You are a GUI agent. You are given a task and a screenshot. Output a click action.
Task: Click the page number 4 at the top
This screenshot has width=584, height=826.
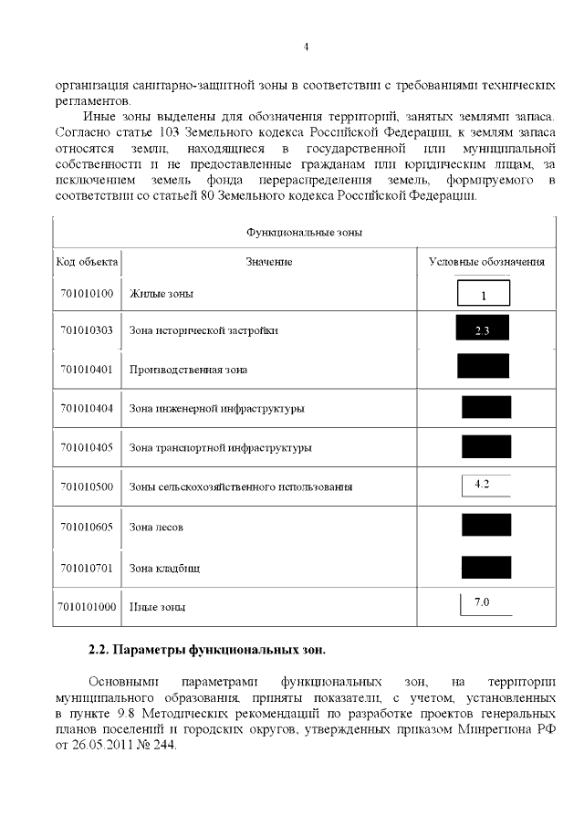(306, 47)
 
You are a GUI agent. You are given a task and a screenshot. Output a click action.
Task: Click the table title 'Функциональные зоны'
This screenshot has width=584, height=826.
(304, 232)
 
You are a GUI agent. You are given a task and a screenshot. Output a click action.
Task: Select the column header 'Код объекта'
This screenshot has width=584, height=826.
(87, 262)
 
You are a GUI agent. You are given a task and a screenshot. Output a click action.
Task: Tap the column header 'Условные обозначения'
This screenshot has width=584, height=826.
(486, 262)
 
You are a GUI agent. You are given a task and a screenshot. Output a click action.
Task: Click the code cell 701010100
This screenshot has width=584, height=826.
(87, 294)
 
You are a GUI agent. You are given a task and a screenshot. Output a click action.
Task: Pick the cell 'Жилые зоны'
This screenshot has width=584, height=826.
(162, 294)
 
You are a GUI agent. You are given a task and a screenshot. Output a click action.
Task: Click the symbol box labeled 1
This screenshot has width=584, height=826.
(483, 294)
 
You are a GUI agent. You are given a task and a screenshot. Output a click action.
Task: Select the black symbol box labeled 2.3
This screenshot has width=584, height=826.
(482, 329)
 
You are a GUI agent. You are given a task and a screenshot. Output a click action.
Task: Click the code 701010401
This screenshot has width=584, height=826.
(87, 370)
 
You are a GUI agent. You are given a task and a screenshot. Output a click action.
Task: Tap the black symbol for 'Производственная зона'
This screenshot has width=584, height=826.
(483, 366)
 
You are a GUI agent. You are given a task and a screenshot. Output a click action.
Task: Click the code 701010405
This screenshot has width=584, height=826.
(87, 447)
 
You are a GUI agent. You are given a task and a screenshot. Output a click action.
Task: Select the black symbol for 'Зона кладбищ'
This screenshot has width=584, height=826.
(485, 566)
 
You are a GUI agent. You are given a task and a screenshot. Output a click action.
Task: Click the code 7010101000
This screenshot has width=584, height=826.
(87, 606)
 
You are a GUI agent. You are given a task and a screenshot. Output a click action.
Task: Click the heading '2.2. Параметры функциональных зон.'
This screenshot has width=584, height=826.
(206, 651)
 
